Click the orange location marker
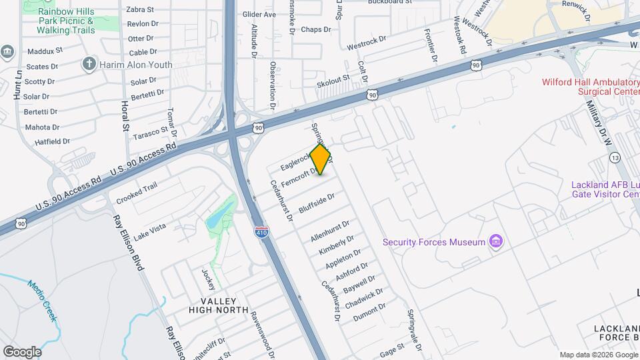[x=321, y=159]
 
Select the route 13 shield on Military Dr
[x=615, y=157]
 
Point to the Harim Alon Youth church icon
[x=89, y=65]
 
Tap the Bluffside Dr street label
[x=317, y=201]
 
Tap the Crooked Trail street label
[x=137, y=193]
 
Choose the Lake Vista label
[x=149, y=232]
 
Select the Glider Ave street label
[x=259, y=14]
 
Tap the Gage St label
[x=392, y=349]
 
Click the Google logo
[x=22, y=351]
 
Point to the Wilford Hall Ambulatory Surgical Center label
[x=590, y=87]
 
